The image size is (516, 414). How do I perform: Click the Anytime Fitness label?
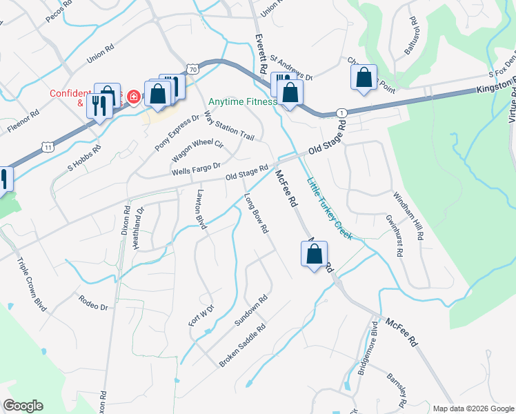(242, 101)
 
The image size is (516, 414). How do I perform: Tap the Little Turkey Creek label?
(329, 209)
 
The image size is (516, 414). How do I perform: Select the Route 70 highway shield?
(192, 69)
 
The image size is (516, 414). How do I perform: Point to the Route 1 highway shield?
(341, 112)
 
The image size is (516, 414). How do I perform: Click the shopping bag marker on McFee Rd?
(315, 254)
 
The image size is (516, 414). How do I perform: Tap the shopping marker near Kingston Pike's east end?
(364, 79)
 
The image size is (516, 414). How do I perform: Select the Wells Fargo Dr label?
(196, 167)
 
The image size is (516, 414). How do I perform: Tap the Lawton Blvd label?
(201, 210)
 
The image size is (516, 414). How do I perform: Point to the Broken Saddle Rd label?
(242, 347)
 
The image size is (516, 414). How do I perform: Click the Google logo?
(23, 406)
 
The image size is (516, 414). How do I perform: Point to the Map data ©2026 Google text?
(473, 408)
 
